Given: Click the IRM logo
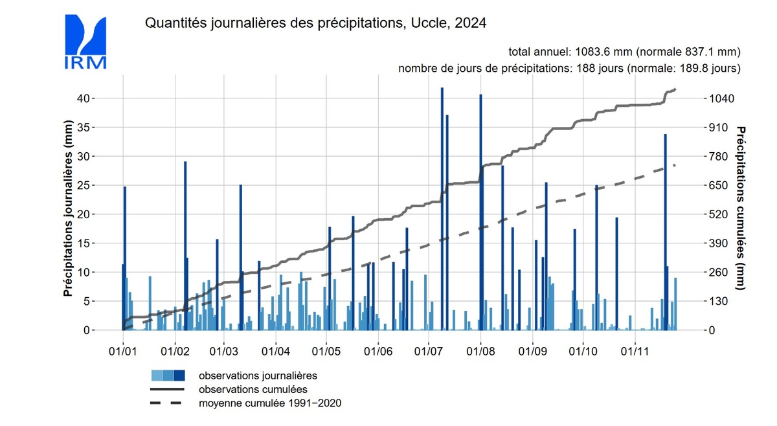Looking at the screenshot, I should [85, 42].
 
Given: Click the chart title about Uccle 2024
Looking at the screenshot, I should [315, 23].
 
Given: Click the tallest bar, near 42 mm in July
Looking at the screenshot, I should [442, 207].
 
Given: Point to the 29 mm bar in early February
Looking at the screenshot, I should [185, 246].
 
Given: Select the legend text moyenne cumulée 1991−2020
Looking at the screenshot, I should [270, 403].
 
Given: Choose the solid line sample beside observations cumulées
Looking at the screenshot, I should [168, 389].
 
